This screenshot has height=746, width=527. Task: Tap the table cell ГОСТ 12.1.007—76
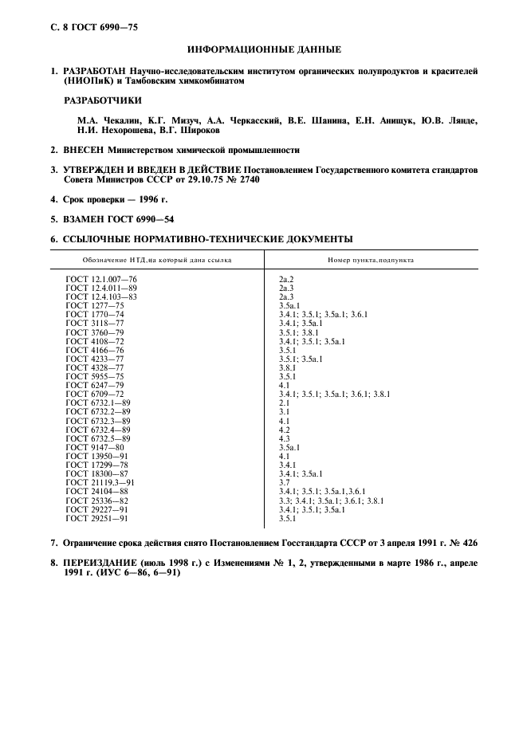pyautogui.click(x=101, y=278)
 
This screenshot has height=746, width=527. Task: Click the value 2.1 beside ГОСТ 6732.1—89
pyautogui.click(x=284, y=402)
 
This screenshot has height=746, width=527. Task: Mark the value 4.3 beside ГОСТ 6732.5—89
pyautogui.click(x=284, y=438)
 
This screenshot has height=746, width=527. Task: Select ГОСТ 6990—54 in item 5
pyautogui.click(x=140, y=218)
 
